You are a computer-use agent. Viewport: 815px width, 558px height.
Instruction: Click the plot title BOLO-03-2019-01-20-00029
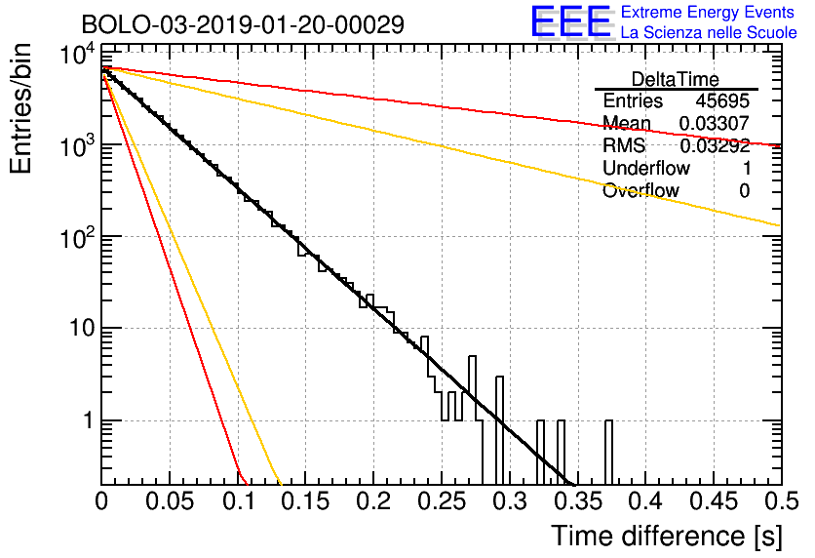(x=244, y=24)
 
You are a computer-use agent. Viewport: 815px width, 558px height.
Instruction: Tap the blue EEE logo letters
(x=570, y=21)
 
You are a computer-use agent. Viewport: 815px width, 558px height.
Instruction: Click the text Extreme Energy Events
(x=708, y=12)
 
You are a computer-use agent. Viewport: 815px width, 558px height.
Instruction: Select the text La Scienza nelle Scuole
(x=709, y=32)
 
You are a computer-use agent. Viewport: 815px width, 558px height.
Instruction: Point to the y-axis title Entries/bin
(x=20, y=109)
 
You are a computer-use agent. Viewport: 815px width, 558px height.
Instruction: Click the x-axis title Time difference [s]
(x=667, y=536)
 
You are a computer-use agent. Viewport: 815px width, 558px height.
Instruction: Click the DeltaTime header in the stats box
(x=676, y=80)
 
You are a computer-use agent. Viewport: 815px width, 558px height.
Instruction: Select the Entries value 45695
(x=722, y=100)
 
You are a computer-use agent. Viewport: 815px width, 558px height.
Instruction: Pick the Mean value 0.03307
(x=715, y=123)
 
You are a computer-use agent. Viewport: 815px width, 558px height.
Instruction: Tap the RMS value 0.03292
(x=715, y=145)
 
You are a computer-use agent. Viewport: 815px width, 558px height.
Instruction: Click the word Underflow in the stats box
(x=646, y=168)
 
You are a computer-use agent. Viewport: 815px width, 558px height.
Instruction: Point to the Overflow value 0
(x=744, y=191)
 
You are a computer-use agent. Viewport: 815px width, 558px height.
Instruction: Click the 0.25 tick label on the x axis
(x=442, y=501)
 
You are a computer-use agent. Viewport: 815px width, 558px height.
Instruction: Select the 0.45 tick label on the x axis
(x=714, y=501)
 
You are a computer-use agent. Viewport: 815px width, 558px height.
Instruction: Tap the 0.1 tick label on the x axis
(x=239, y=501)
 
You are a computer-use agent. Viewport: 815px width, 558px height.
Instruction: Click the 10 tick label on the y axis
(x=82, y=328)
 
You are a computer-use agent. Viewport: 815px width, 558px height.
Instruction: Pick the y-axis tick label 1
(x=89, y=420)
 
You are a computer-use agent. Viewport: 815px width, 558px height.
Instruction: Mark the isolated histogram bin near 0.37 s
(x=608, y=453)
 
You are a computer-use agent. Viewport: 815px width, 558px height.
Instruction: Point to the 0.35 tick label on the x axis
(x=578, y=501)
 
